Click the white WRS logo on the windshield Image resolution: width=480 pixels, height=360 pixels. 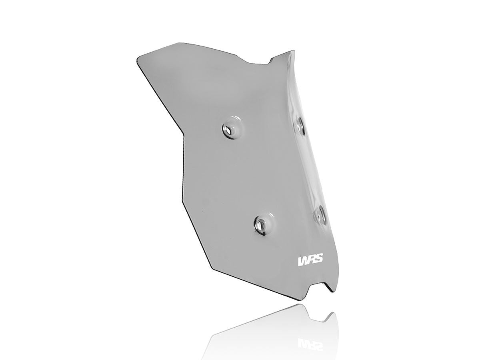pyautogui.click(x=311, y=260)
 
